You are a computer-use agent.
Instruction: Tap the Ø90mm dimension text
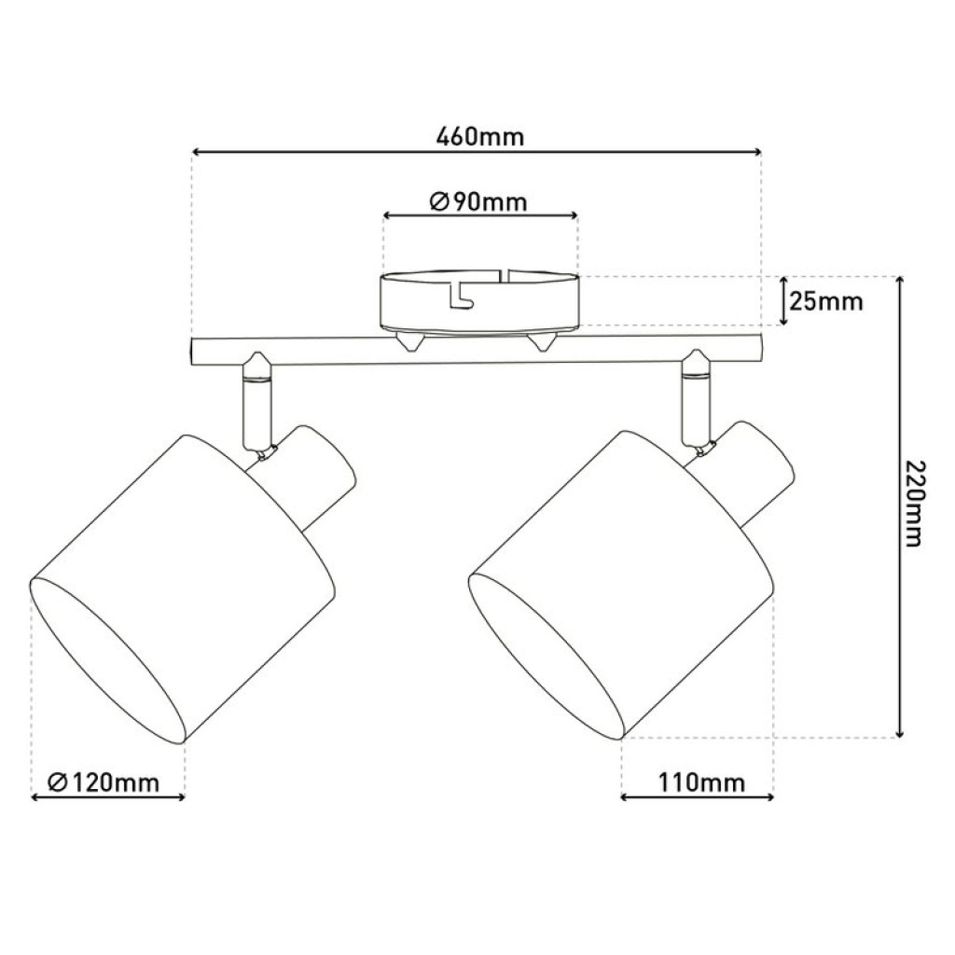479,201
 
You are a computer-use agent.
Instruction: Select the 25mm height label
825,301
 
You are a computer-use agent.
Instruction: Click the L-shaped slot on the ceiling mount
459,297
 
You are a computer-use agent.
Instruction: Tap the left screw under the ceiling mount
408,342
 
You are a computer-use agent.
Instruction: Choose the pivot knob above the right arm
695,356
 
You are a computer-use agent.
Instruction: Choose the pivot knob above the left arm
256,358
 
